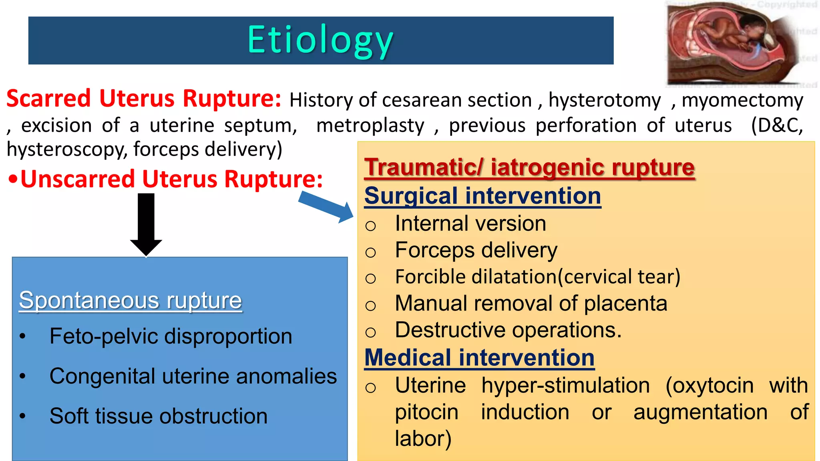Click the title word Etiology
pos(320,40)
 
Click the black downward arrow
pos(146,224)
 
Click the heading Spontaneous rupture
pos(131,300)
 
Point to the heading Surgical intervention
pos(482,196)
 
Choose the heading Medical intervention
pos(479,357)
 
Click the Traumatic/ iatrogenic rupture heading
pos(529,167)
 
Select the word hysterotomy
pos(605,100)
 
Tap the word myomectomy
pos(742,100)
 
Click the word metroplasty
pos(370,126)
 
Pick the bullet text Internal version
pos(470,223)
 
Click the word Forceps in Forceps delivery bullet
pos(435,251)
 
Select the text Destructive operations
pos(508,330)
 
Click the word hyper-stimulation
pos(565,385)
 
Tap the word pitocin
pos(426,412)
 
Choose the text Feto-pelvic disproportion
pos(171,336)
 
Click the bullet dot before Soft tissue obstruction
pos(23,416)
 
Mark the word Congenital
pos(102,377)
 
